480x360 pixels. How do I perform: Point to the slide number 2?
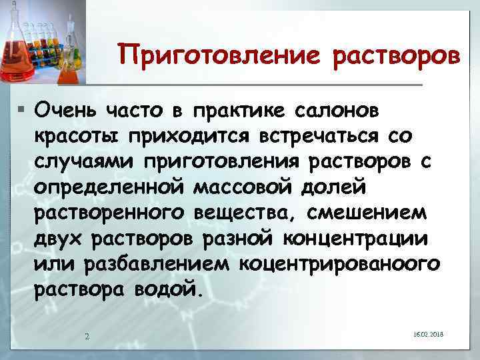pos(87,335)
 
